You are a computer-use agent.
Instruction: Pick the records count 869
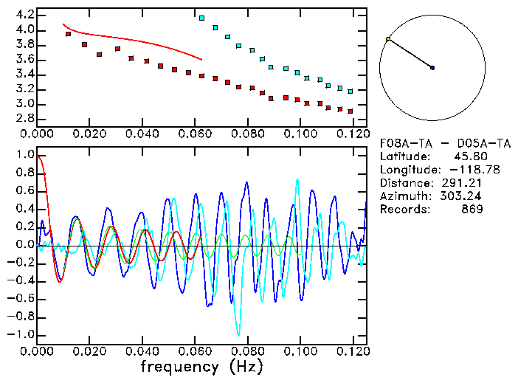[x=472, y=210]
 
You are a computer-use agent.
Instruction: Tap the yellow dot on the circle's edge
[x=388, y=39]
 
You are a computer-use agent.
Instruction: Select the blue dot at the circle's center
[x=432, y=68]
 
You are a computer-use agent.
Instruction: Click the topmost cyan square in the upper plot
[x=202, y=18]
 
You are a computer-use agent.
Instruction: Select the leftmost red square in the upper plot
[x=68, y=34]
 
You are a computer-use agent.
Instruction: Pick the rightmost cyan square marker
[x=350, y=92]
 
